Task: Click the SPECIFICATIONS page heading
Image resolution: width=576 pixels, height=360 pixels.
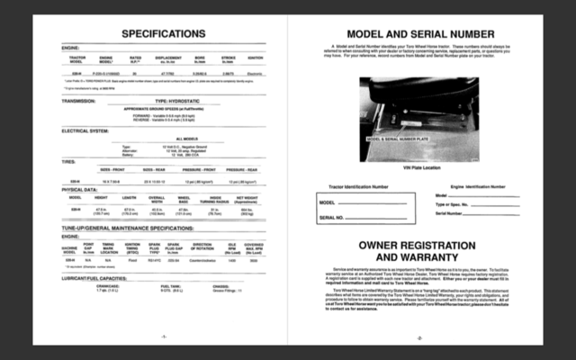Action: (x=164, y=33)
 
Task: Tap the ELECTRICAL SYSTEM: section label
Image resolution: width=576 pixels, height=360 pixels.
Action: (x=86, y=130)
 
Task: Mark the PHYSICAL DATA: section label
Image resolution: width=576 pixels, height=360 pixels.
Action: (x=79, y=190)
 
